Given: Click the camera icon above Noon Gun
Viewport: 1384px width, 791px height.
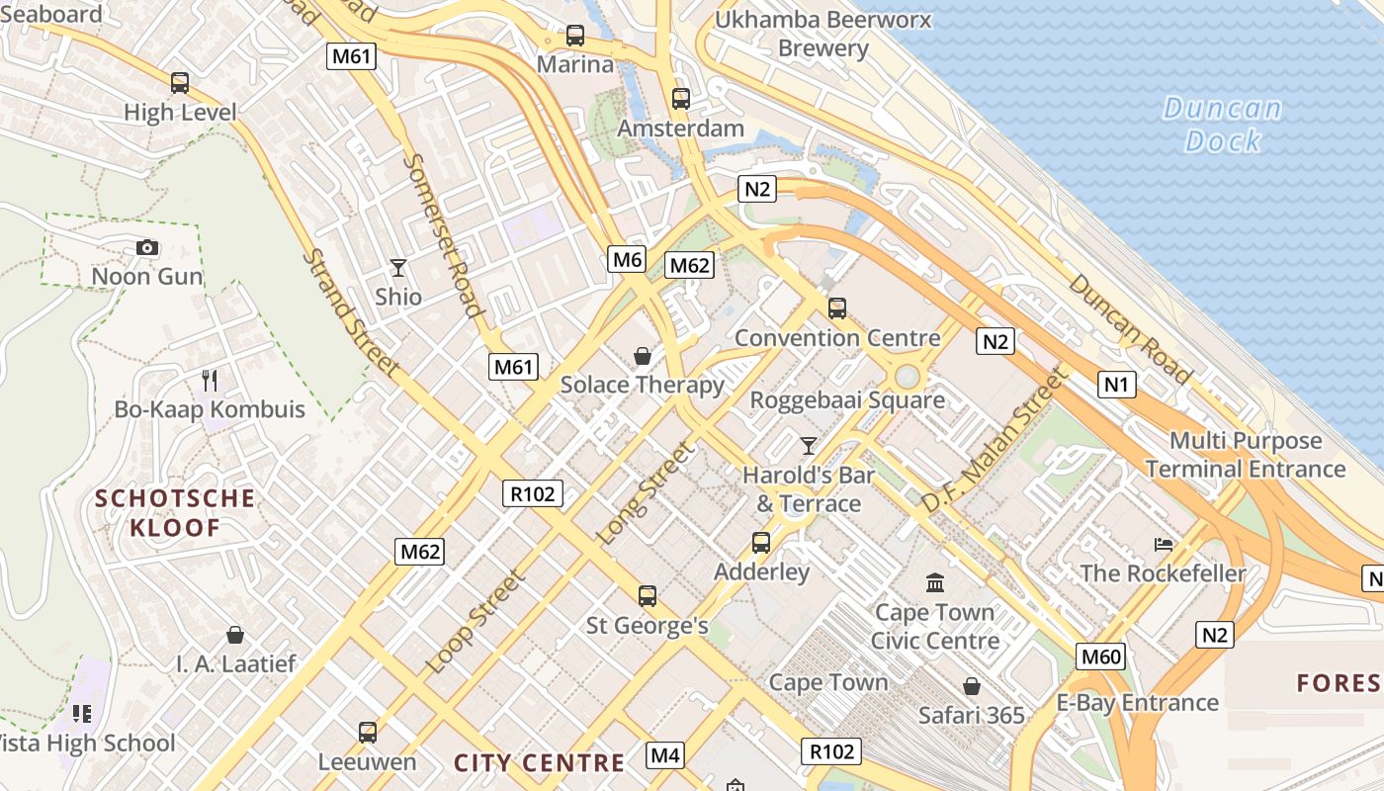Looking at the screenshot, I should (147, 247).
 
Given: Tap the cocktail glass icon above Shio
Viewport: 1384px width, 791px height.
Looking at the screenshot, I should (397, 267).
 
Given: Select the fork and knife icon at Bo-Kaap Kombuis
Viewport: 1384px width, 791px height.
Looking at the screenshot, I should (210, 380).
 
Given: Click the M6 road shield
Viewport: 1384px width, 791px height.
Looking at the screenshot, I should (628, 260).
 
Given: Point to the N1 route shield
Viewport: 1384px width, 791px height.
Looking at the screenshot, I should (1116, 384).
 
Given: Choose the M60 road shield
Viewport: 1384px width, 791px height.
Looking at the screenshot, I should (1100, 657).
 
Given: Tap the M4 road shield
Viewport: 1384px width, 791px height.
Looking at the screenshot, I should (665, 756).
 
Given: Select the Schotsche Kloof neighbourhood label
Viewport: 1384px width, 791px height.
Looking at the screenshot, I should (175, 512).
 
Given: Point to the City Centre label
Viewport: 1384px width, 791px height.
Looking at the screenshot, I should (539, 762).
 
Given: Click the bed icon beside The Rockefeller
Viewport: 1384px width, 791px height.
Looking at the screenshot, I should (1164, 544).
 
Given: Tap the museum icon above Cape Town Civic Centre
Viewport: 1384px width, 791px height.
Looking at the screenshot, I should (934, 582).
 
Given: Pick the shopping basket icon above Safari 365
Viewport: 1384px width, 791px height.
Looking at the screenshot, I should (972, 685).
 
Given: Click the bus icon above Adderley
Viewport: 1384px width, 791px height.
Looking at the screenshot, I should (760, 542).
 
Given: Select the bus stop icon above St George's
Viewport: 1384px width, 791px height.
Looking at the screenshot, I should (648, 595).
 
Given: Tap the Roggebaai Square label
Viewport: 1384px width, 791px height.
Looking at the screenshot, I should (847, 400).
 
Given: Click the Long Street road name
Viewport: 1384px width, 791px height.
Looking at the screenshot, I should (646, 492).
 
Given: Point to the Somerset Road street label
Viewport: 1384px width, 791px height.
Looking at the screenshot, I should (442, 233).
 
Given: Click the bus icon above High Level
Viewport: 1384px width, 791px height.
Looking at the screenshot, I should (180, 83).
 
